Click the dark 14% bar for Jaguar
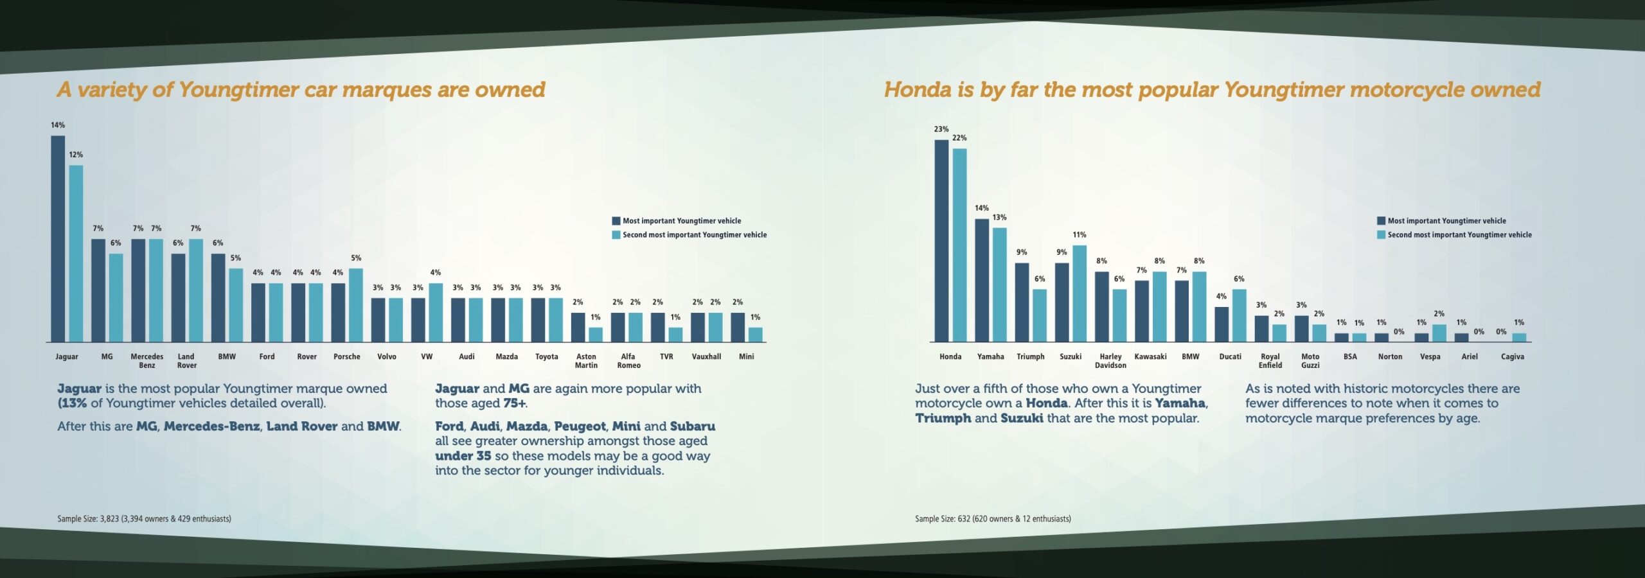58,238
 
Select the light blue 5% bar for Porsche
356,305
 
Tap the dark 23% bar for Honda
941,241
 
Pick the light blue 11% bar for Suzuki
1080,293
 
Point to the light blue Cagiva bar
1519,337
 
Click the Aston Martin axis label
586,361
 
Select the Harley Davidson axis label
1110,361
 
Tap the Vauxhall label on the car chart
706,356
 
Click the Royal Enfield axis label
1270,361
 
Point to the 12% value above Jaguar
76,155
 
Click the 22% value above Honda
959,138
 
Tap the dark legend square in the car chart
616,221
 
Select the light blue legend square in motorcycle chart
1381,235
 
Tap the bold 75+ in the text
515,403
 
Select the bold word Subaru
692,426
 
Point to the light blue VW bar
436,313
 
